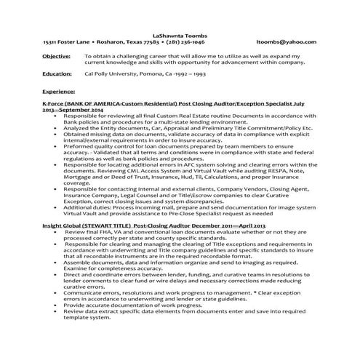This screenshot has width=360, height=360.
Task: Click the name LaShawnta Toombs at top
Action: click(180, 34)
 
